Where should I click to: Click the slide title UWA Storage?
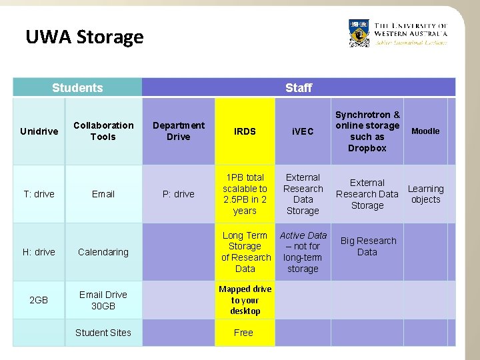(84, 37)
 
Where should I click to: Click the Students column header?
(77, 87)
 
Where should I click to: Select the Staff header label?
(298, 87)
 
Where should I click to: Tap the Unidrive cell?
(39, 131)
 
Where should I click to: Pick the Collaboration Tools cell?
(103, 131)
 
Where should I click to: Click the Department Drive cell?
(178, 131)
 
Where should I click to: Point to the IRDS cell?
(245, 131)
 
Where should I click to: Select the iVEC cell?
(303, 131)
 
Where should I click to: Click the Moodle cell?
(425, 131)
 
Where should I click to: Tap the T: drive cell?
(39, 194)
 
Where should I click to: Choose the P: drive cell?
(178, 194)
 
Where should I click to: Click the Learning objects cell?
(425, 194)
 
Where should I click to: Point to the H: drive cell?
(39, 252)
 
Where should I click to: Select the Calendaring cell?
(103, 252)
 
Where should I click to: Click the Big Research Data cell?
(367, 247)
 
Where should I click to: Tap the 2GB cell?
(39, 300)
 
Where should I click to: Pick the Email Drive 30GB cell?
(103, 300)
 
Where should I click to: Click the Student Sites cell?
(103, 333)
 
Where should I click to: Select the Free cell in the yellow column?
(244, 333)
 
